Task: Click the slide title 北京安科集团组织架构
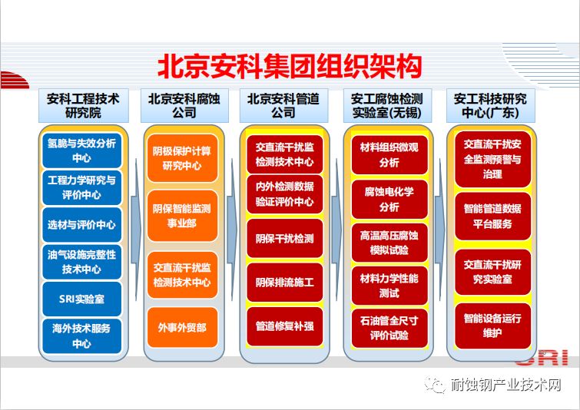tap(290, 67)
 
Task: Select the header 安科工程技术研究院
tap(84, 106)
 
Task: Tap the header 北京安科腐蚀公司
tap(184, 106)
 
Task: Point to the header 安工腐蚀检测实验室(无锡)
tap(387, 106)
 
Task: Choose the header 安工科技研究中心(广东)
tap(490, 106)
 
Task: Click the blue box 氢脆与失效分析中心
tap(81, 150)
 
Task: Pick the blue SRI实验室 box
tap(81, 299)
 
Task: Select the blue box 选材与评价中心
tap(81, 225)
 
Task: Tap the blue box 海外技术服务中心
tap(81, 336)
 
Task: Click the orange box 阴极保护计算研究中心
tap(182, 158)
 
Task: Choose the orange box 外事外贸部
tap(182, 328)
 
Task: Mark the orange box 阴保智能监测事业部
tap(182, 216)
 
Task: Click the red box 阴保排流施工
tap(285, 283)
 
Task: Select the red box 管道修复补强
tap(285, 326)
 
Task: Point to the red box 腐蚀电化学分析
tap(389, 200)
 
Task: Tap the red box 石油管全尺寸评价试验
tap(389, 329)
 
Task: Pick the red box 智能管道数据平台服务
tap(492, 217)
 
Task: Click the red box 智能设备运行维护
tap(492, 326)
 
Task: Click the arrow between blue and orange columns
tap(136, 230)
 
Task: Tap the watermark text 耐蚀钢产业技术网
tap(505, 385)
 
